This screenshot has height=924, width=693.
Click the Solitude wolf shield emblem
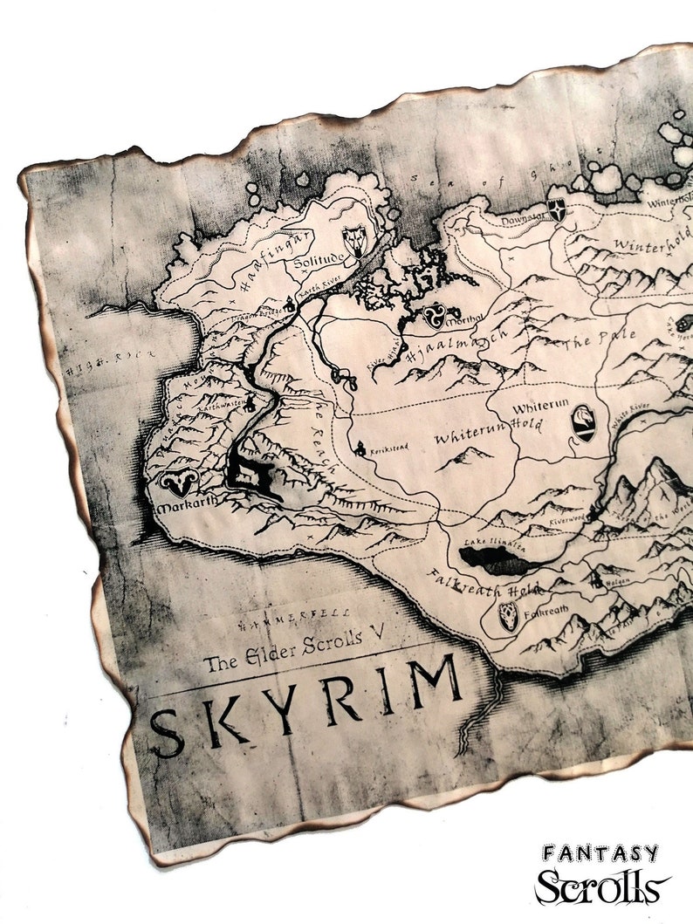click(x=354, y=241)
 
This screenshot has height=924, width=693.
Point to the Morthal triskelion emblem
click(x=433, y=316)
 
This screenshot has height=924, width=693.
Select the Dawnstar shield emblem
click(x=556, y=210)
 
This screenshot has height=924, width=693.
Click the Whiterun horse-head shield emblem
click(x=583, y=423)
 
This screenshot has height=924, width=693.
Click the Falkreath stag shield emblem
click(x=508, y=616)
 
